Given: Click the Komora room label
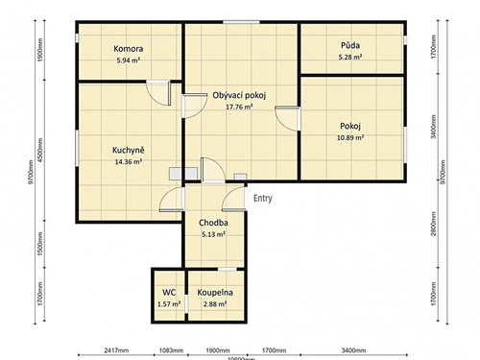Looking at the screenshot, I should (128, 48).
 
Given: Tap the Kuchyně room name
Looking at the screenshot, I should (128, 150).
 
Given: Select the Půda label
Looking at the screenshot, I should (350, 46).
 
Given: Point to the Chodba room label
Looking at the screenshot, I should (213, 222).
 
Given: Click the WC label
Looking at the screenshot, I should (168, 292).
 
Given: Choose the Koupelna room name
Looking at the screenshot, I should (214, 292).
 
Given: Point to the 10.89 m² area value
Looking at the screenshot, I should (350, 137).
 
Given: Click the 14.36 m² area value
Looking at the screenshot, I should (128, 162).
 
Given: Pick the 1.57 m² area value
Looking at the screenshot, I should (168, 304).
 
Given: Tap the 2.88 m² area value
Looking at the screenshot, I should (214, 304).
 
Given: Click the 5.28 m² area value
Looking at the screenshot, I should (350, 58).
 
